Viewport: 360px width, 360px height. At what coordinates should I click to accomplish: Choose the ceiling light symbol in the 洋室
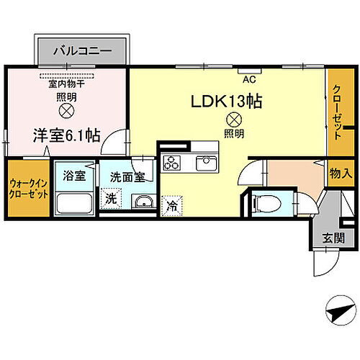tap(66, 112)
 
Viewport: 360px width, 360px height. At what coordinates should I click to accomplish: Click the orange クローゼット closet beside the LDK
tap(337, 112)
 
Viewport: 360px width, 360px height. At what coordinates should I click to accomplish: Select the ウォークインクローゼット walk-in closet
tap(30, 189)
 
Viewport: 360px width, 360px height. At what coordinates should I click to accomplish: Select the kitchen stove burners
tap(173, 161)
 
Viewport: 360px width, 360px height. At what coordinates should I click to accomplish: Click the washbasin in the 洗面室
tap(145, 201)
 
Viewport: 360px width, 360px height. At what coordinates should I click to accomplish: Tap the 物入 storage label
tap(341, 173)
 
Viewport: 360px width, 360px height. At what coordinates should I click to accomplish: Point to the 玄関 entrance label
tap(332, 237)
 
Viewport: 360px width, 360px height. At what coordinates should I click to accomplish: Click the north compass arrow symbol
tap(338, 310)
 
